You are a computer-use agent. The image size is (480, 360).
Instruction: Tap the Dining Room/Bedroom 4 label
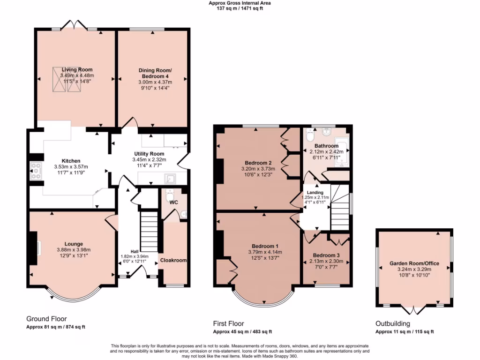(153, 73)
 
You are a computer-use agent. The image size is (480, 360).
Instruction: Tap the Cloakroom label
(173, 260)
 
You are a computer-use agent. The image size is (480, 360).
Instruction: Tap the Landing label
(315, 193)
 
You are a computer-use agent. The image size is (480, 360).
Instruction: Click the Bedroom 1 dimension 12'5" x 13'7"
(265, 258)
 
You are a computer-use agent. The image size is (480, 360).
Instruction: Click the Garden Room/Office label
(414, 263)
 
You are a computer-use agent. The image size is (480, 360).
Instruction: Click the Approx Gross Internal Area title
(240, 3)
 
